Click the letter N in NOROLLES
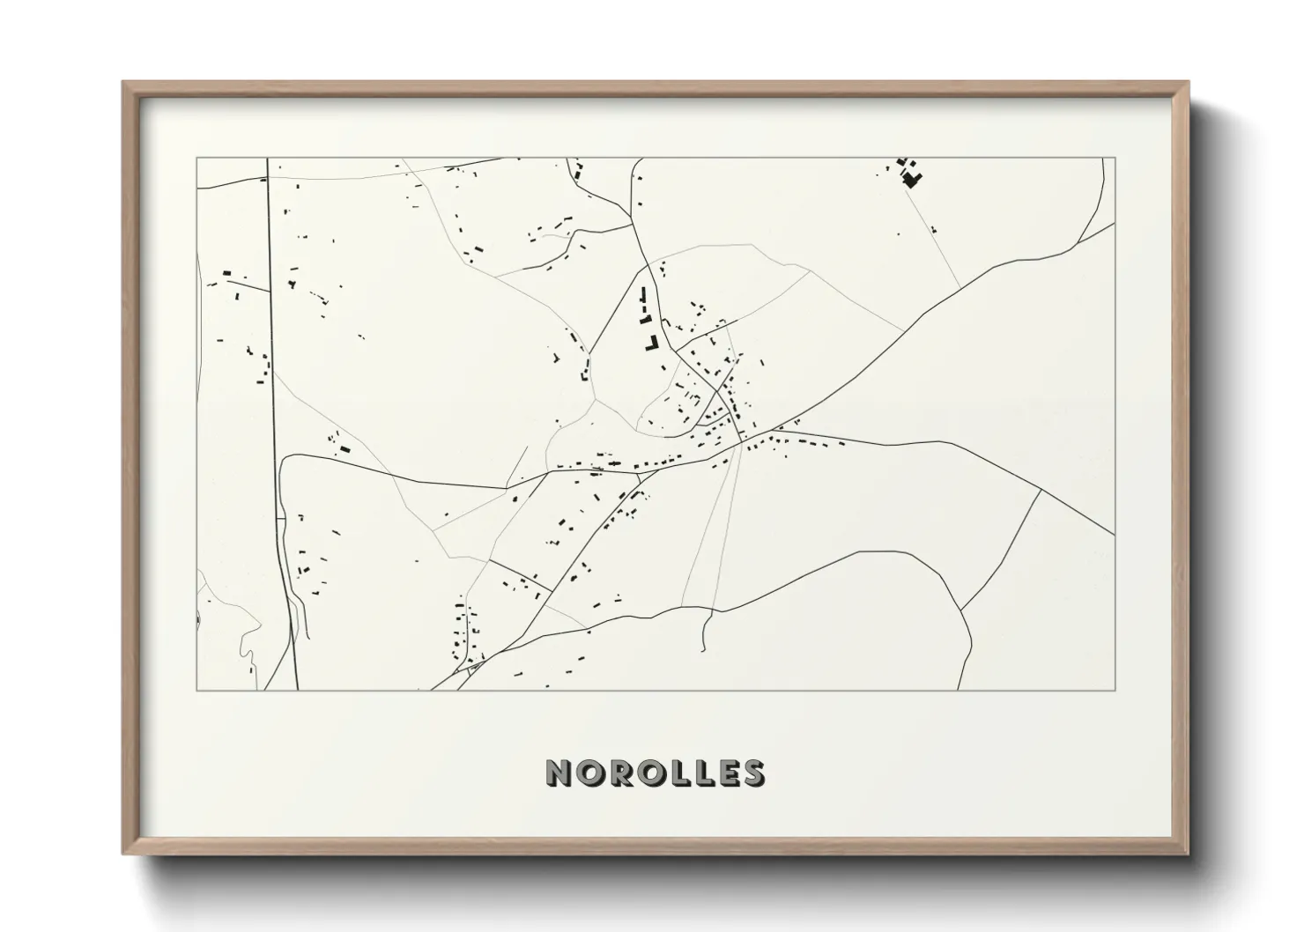559,773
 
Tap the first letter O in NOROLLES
588,773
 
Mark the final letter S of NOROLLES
752,773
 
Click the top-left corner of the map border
196,159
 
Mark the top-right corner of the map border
1115,159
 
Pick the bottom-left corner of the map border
196,691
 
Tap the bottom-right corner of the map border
1115,691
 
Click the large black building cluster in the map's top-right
911,179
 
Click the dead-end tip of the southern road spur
703,651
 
